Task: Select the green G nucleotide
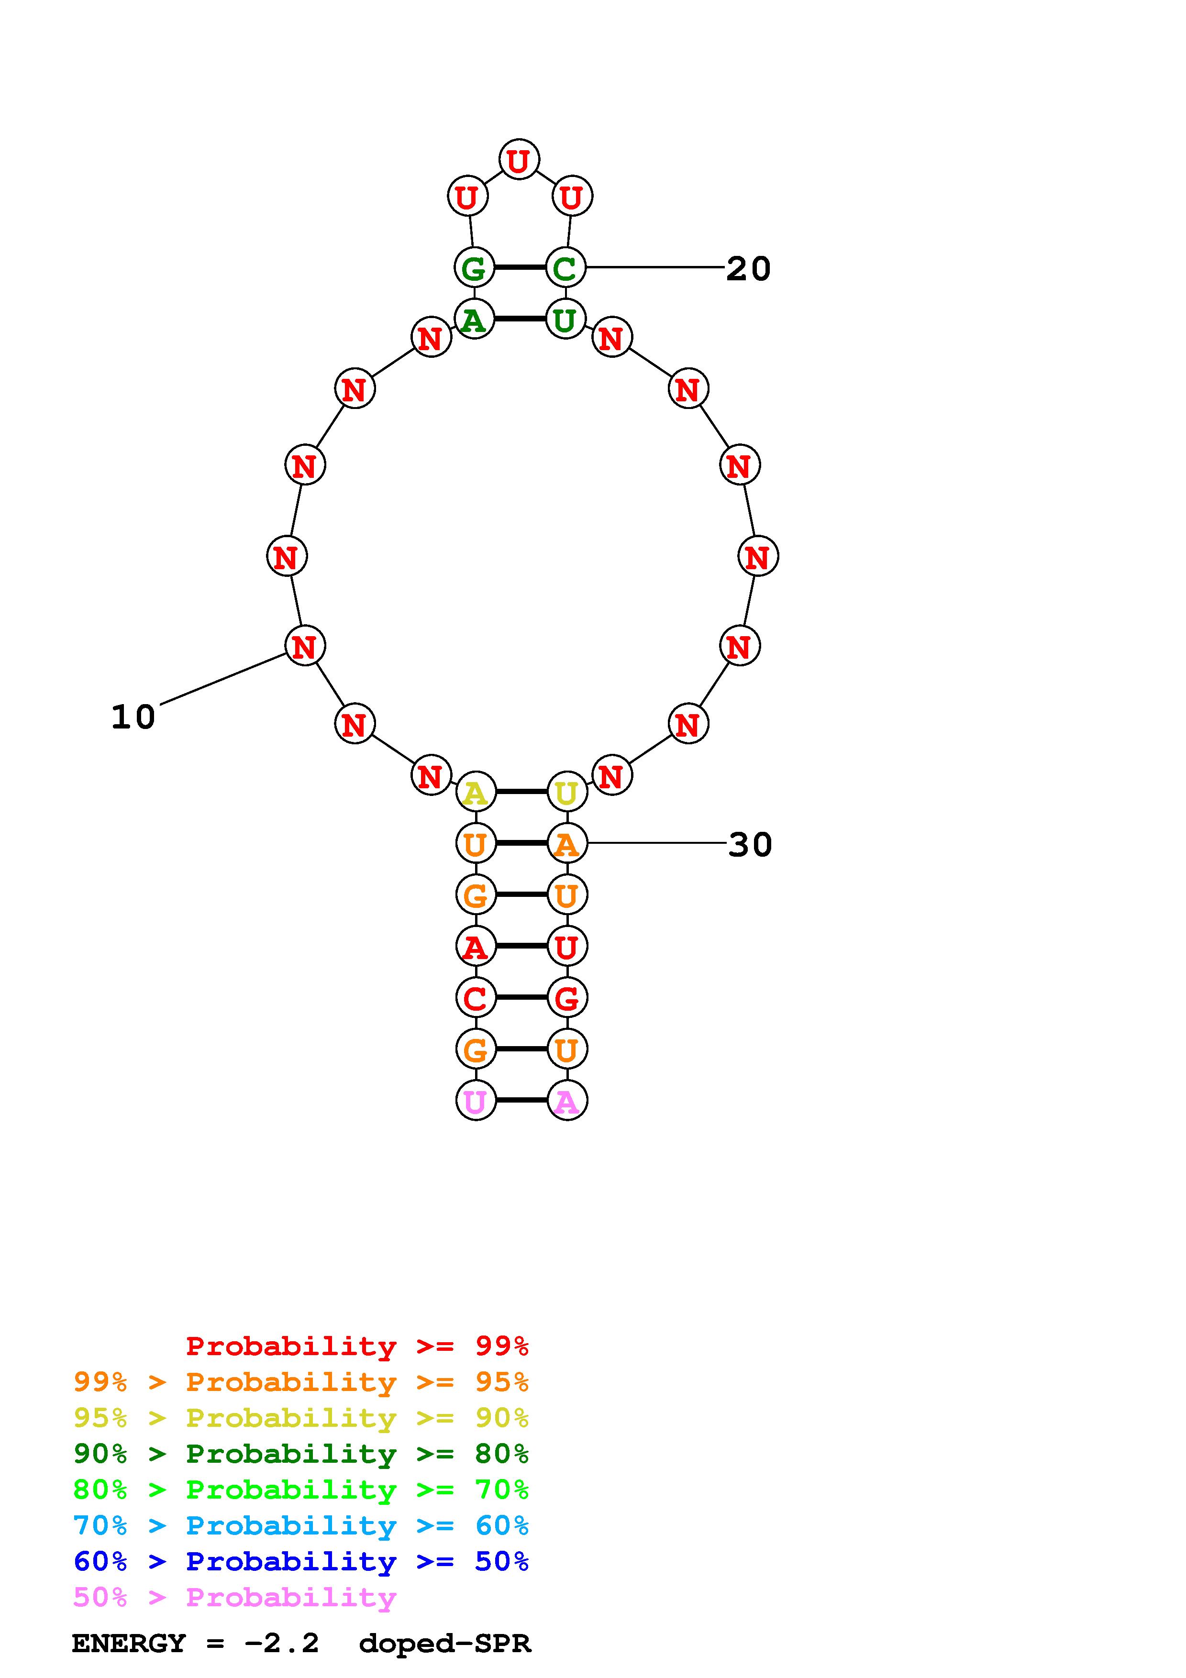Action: point(474,267)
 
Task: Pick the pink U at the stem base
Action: point(476,1101)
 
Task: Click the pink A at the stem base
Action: point(567,1101)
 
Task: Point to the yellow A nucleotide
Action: point(476,792)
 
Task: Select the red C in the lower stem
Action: point(476,998)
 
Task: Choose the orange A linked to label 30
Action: point(567,843)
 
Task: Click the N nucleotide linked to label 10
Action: point(305,646)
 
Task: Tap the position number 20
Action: point(748,269)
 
